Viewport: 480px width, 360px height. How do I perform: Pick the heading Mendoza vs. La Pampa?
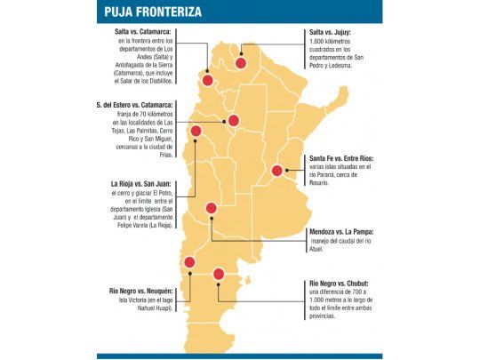pyautogui.click(x=348, y=232)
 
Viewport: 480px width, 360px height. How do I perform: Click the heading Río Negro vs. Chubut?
pyautogui.click(x=345, y=284)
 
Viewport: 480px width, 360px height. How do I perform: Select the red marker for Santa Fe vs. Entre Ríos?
pyautogui.click(x=276, y=171)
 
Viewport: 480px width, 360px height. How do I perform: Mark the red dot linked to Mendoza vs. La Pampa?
pyautogui.click(x=212, y=209)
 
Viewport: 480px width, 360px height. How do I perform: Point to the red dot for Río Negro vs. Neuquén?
pyautogui.click(x=188, y=262)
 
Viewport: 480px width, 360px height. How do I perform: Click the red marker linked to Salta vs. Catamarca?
pyautogui.click(x=208, y=79)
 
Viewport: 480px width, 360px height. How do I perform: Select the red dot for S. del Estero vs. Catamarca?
pyautogui.click(x=233, y=121)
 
